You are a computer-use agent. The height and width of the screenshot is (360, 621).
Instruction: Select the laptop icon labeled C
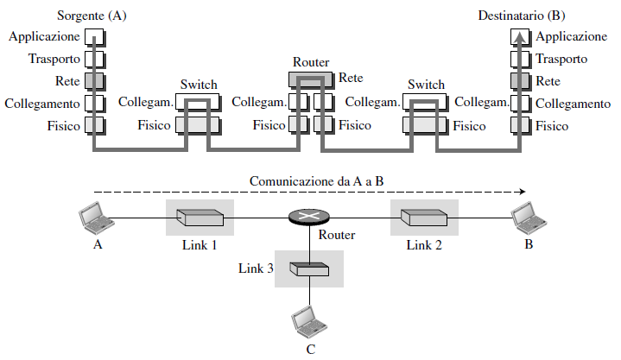point(308,321)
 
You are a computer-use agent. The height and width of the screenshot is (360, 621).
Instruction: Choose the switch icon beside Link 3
point(309,269)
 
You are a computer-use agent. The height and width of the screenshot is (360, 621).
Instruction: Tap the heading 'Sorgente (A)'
point(91,16)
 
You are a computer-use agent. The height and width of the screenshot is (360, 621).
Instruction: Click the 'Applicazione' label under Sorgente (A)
point(43,37)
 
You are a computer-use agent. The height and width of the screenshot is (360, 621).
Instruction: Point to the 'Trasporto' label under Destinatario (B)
point(561,60)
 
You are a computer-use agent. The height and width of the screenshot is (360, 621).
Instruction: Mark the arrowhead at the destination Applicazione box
point(518,35)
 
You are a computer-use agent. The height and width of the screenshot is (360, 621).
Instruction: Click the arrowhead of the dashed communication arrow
point(520,193)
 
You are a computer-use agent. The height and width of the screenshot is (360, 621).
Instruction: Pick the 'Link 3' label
point(256,269)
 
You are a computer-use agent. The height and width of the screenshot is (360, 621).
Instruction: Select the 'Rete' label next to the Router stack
point(351,78)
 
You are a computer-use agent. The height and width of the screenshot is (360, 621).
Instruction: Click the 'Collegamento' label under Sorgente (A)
point(42,104)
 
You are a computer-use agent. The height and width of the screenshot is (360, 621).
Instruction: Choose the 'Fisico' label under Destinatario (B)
point(552,126)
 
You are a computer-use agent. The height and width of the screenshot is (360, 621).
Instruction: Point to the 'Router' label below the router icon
point(336,235)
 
